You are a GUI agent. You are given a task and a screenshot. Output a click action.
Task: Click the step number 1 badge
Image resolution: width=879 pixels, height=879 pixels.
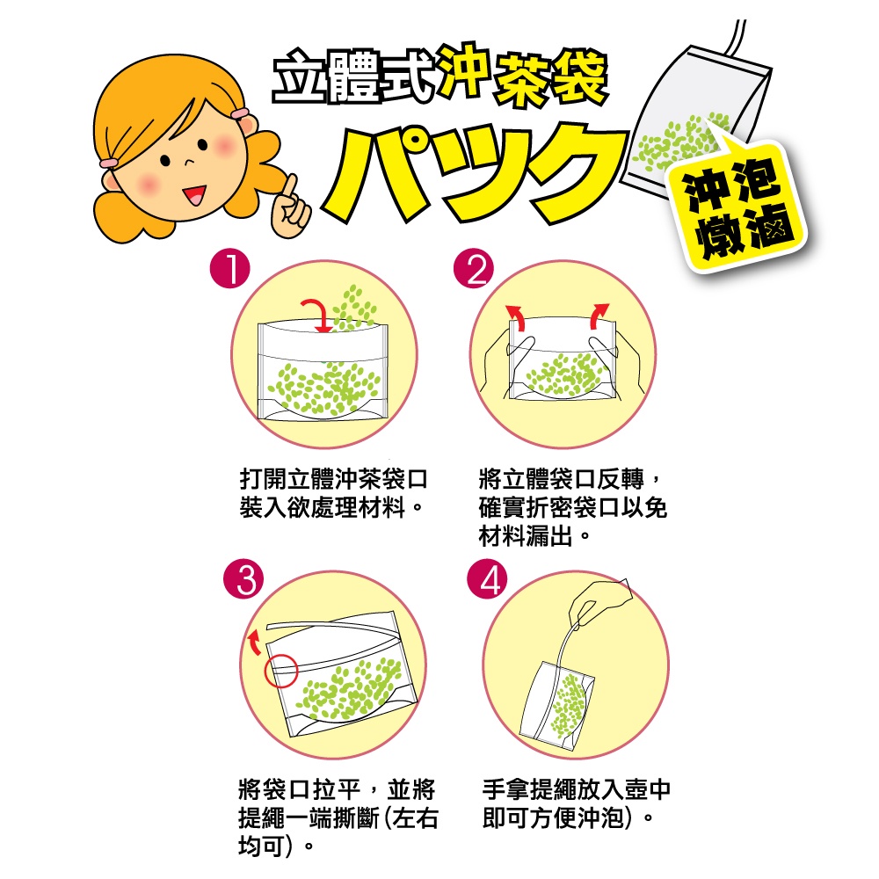pyautogui.click(x=229, y=269)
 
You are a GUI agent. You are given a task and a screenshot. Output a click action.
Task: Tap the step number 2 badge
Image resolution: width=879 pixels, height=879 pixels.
pyautogui.click(x=474, y=268)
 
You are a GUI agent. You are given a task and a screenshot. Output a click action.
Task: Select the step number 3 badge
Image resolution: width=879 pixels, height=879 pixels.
pyautogui.click(x=243, y=579)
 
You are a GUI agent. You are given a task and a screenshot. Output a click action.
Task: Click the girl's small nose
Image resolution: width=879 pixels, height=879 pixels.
pyautogui.click(x=190, y=162)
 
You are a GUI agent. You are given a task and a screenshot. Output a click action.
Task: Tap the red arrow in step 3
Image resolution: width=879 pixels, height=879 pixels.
pyautogui.click(x=254, y=643)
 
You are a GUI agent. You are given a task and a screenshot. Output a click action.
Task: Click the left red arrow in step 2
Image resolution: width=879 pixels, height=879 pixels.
pyautogui.click(x=517, y=316)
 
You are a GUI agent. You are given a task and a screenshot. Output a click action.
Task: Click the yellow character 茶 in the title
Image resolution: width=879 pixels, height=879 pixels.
pyautogui.click(x=522, y=78)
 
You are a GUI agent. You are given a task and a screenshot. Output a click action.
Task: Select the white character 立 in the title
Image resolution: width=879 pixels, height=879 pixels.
pyautogui.click(x=298, y=76)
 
